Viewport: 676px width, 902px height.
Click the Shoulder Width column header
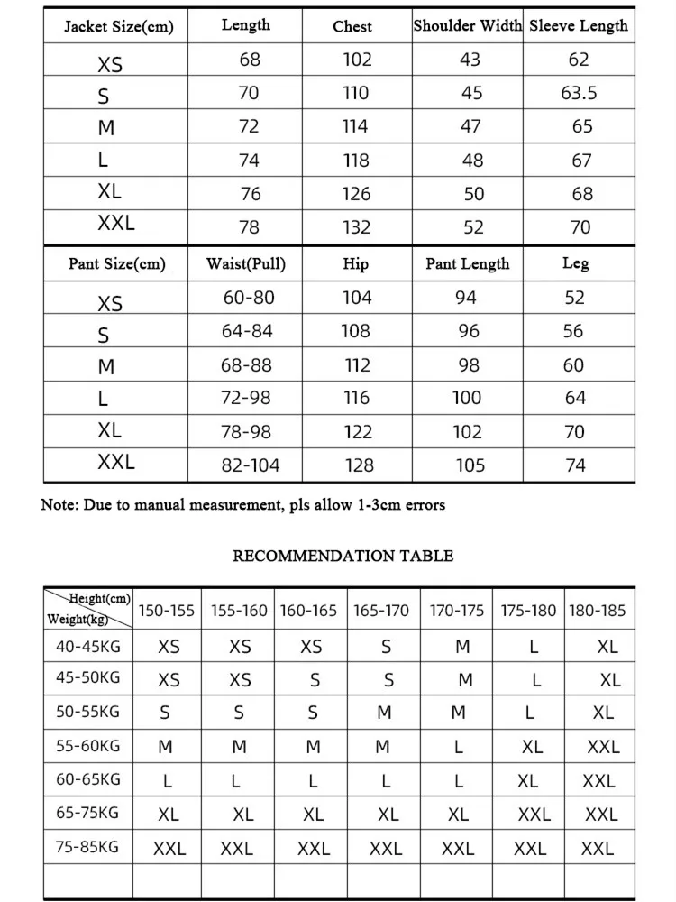pos(467,25)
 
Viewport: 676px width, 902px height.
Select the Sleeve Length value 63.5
pos(579,93)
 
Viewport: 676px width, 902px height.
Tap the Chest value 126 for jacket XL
pos(356,193)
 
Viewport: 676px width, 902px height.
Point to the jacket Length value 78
pos(249,227)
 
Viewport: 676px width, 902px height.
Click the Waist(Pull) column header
pos(245,264)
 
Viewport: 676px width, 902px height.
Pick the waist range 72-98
pos(246,398)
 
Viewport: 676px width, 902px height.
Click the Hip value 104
pos(356,298)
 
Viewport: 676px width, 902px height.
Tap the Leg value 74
pos(575,465)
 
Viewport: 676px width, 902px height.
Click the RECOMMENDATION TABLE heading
pos(343,556)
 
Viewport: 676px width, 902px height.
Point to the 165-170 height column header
pos(381,611)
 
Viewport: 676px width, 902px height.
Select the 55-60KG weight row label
pos(87,746)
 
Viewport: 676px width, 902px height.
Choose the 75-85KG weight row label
pos(87,847)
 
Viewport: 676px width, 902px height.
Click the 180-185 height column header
pos(597,611)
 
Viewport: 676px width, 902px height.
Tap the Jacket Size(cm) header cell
pos(118,26)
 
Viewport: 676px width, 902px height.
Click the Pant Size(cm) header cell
pos(117,264)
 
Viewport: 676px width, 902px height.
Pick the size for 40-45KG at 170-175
pos(462,647)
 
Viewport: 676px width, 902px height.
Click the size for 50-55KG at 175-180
pos(530,713)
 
